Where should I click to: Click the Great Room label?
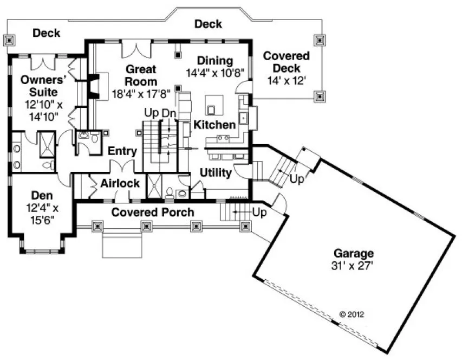(141, 75)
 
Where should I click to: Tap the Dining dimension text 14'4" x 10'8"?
(216, 72)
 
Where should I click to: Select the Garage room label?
(353, 253)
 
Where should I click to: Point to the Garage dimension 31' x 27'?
(353, 266)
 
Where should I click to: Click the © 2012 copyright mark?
(351, 313)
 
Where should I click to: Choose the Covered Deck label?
(287, 62)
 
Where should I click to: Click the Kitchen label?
(215, 125)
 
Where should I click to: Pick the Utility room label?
(216, 173)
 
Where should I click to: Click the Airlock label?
(120, 183)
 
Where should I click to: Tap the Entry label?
(122, 151)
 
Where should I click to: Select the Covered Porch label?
(153, 212)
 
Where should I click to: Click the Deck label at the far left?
(47, 33)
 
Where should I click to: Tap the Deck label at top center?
(208, 24)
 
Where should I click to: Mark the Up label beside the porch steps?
(260, 213)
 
